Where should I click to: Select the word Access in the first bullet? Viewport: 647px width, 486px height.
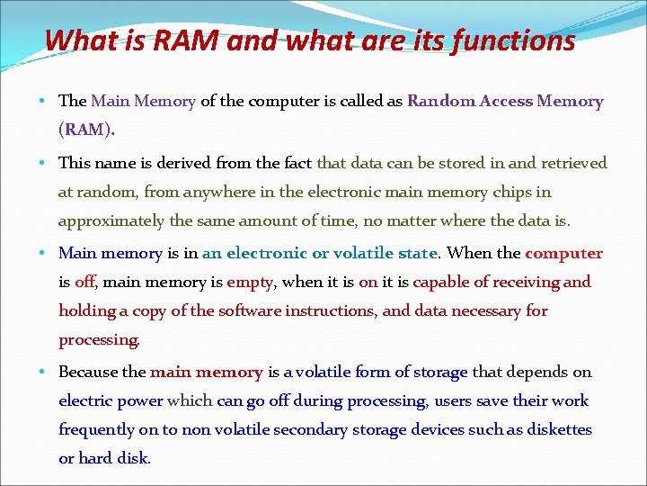504,101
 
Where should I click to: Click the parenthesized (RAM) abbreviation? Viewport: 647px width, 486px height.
86,130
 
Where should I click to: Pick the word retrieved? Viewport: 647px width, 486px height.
571,163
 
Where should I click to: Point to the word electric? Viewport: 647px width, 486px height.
82,400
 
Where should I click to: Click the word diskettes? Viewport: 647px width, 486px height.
560,429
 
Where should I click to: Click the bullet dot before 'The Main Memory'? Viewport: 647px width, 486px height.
44,102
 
